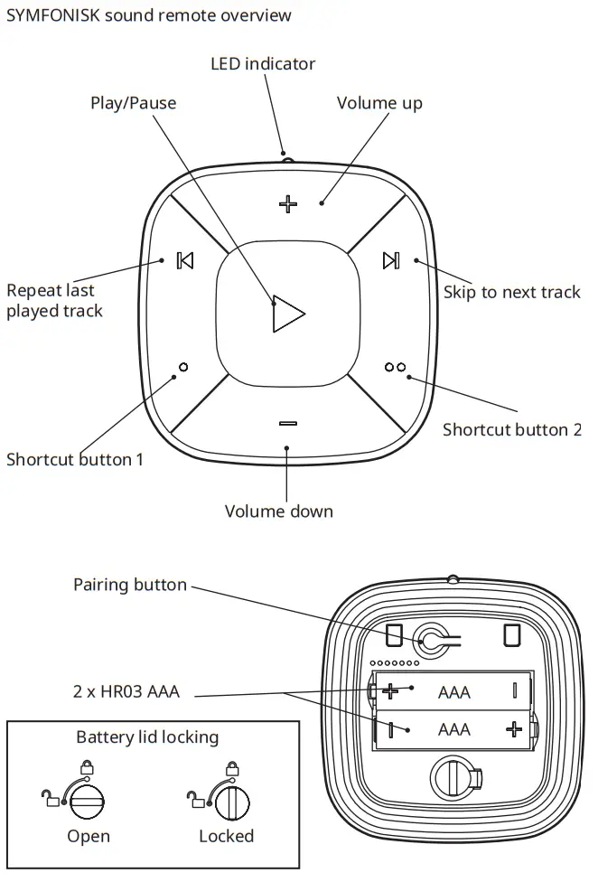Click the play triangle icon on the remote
(287, 313)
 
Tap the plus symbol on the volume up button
(287, 204)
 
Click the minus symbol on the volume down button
(287, 423)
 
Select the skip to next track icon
(390, 260)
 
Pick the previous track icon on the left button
(185, 260)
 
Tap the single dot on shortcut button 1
(184, 367)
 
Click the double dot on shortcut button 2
(395, 367)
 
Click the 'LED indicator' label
(263, 64)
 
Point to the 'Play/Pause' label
(133, 103)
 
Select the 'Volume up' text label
(379, 103)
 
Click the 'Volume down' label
(278, 511)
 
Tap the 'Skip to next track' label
(511, 292)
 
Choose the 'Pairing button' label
(130, 585)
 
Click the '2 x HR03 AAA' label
(126, 692)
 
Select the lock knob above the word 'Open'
(87, 802)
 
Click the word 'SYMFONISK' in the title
(51, 15)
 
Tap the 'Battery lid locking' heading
(147, 737)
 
